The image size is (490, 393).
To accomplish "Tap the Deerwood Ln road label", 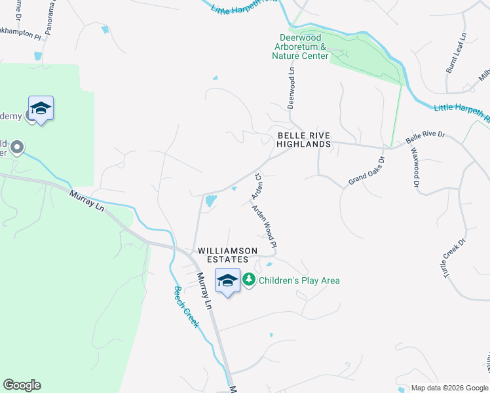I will (x=292, y=87).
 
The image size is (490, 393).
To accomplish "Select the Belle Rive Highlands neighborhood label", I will (x=304, y=139).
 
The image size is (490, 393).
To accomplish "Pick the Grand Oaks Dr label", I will (x=366, y=170).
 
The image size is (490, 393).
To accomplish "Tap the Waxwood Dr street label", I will (x=415, y=168).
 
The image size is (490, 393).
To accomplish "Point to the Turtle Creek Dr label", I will (x=455, y=259).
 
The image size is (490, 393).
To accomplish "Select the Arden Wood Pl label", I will (x=266, y=227).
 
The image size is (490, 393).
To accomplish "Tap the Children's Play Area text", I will (x=299, y=280).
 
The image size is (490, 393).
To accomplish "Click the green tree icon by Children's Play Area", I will (x=249, y=280).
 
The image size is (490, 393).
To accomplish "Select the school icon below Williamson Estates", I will (x=227, y=282).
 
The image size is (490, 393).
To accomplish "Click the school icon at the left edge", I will (x=41, y=109).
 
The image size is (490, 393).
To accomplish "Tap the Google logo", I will (x=22, y=385).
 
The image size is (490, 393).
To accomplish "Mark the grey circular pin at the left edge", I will (x=17, y=147).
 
